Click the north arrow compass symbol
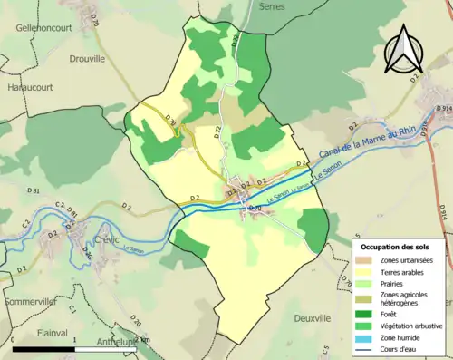click(404, 49)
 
